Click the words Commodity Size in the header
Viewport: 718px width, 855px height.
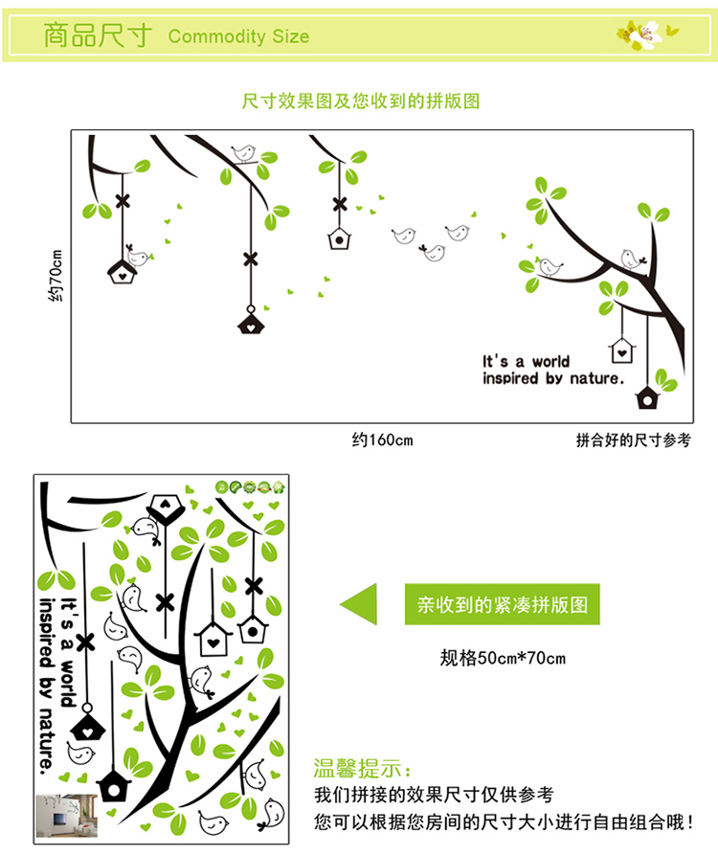pos(238,37)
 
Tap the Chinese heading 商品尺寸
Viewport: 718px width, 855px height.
pos(98,36)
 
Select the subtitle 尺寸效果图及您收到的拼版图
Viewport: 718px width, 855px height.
pos(360,101)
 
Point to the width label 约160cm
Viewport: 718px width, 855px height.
pos(382,440)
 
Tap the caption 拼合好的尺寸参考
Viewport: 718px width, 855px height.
pos(633,440)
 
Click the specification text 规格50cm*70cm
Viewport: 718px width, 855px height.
pos(503,658)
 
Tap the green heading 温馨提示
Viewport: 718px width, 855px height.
pos(364,769)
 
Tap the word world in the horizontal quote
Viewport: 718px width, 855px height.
pos(550,362)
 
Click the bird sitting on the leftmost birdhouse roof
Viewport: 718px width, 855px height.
pos(138,257)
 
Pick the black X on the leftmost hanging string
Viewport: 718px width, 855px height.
pos(123,201)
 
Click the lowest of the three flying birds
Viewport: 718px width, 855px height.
pos(434,252)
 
